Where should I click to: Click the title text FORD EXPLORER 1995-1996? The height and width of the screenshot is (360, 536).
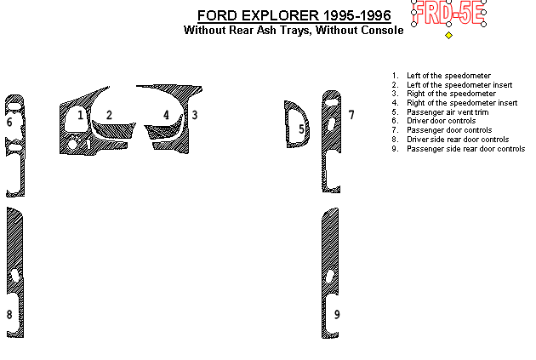[x=294, y=15]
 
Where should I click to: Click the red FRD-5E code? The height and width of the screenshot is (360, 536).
[x=448, y=13]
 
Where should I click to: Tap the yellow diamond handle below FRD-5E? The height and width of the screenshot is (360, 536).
[x=449, y=35]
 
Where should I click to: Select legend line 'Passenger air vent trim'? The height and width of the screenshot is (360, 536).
[x=448, y=112]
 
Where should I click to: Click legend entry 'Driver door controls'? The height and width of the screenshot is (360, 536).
[x=441, y=121]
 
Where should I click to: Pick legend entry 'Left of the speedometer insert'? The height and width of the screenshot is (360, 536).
[x=459, y=85]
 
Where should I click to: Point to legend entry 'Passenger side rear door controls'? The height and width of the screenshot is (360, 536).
[x=465, y=149]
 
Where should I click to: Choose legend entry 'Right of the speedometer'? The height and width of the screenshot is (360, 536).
[x=451, y=94]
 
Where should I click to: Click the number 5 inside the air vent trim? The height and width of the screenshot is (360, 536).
[x=301, y=129]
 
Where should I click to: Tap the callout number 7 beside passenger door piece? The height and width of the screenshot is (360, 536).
[x=351, y=115]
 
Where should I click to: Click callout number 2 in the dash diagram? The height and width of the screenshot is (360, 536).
[x=109, y=115]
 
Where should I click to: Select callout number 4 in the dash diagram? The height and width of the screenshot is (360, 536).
[x=166, y=115]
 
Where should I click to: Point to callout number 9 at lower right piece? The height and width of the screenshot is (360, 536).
[x=337, y=315]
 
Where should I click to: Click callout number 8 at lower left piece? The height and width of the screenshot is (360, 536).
[x=9, y=315]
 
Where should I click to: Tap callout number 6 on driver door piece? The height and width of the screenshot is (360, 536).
[x=9, y=122]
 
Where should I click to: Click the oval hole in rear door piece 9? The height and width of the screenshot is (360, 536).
[x=330, y=277]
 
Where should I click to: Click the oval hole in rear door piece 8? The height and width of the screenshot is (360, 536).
[x=15, y=276]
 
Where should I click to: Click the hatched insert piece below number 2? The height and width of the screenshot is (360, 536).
[x=113, y=130]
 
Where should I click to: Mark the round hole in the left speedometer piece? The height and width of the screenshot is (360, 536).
[x=72, y=144]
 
